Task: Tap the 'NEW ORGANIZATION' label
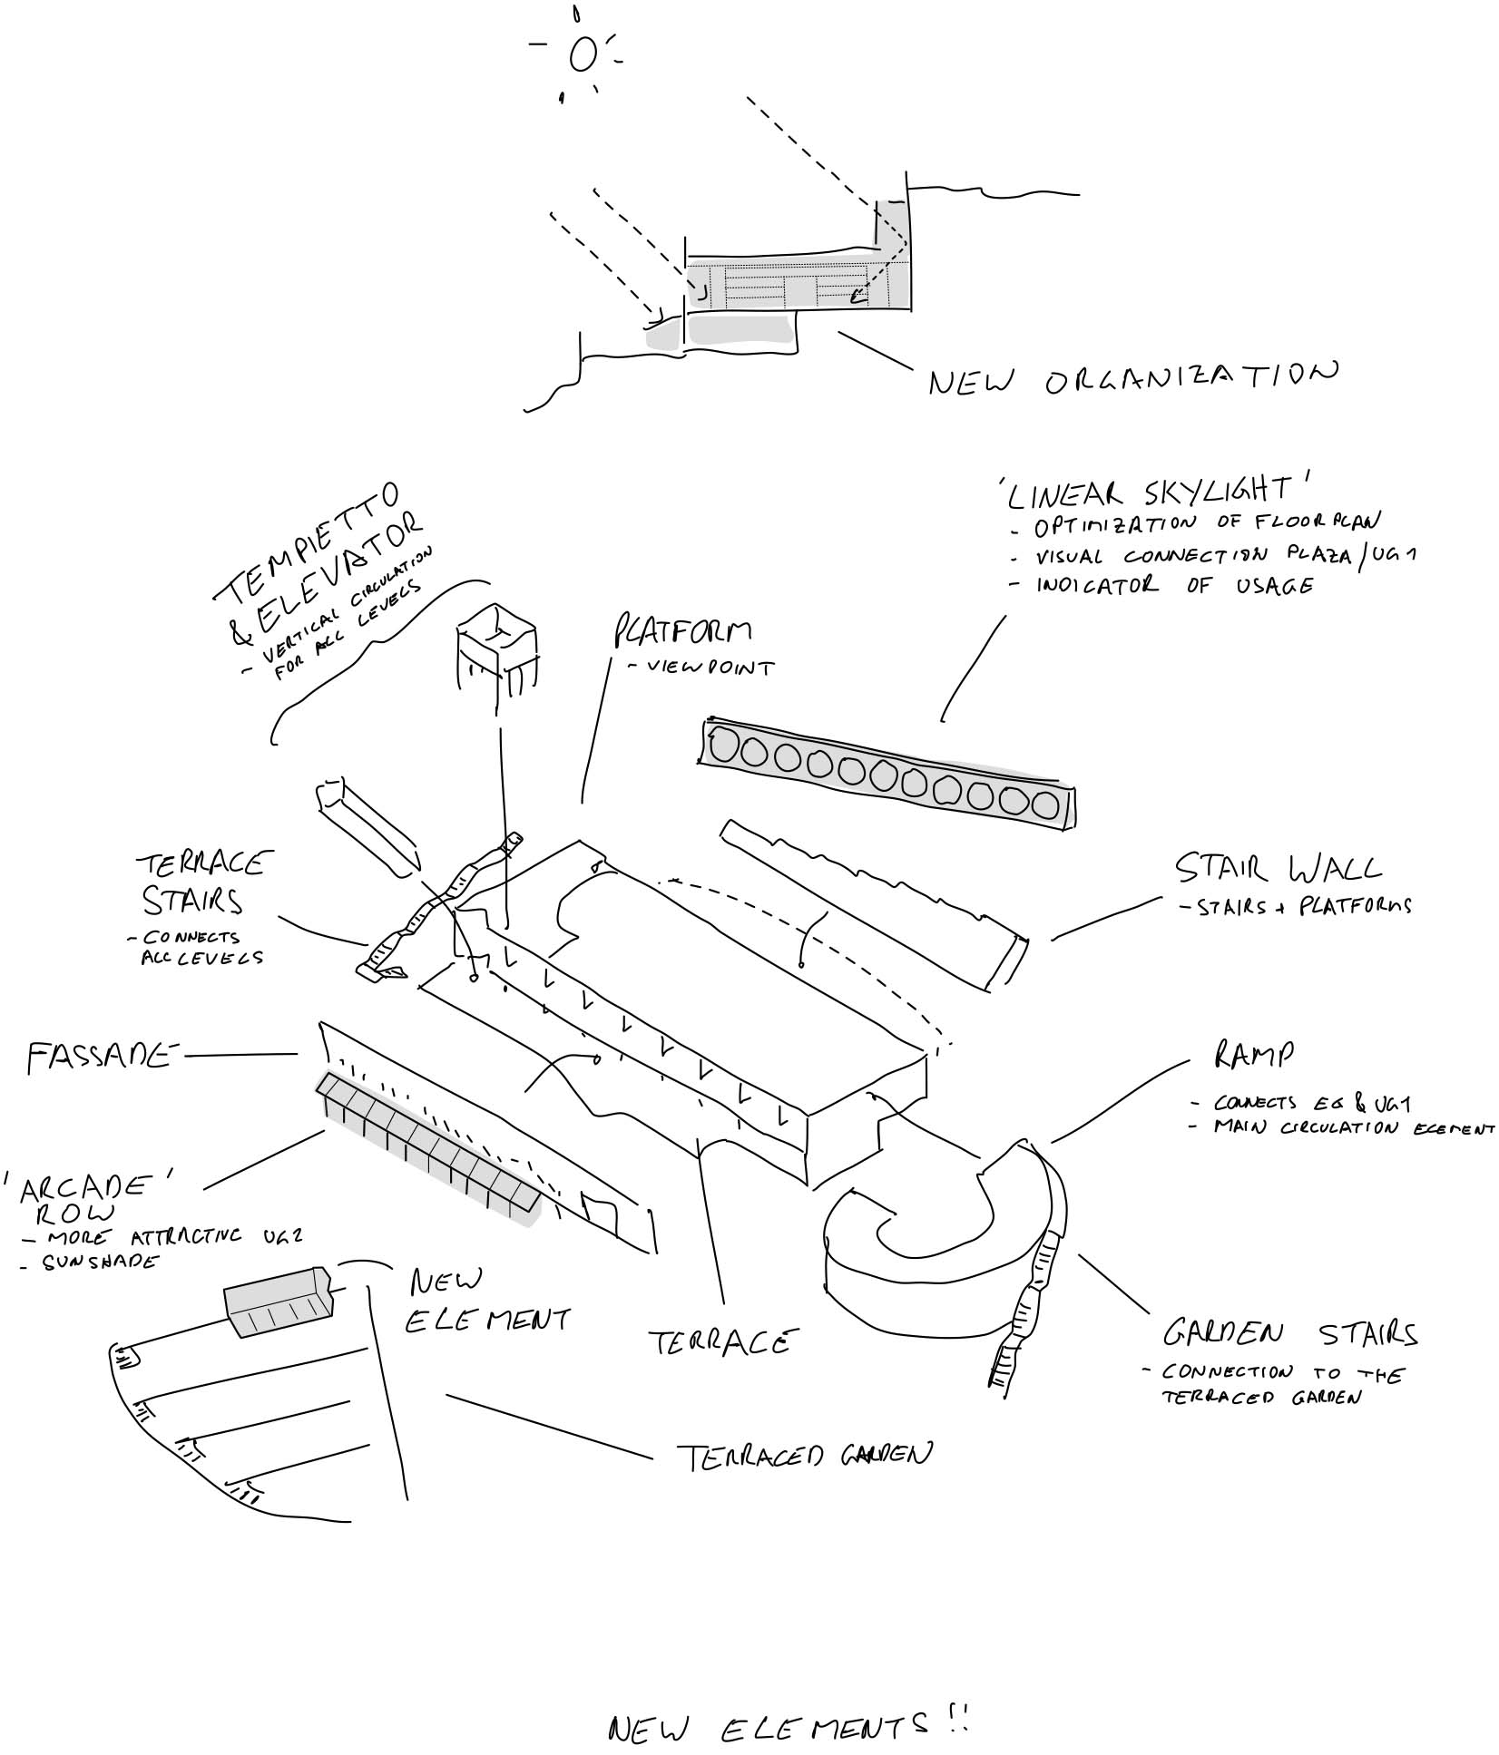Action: click(x=1132, y=378)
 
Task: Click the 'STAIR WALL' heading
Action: click(x=1278, y=869)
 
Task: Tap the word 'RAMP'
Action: click(x=1253, y=1055)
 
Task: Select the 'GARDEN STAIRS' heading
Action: click(x=1289, y=1334)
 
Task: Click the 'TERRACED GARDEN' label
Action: click(x=804, y=1456)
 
